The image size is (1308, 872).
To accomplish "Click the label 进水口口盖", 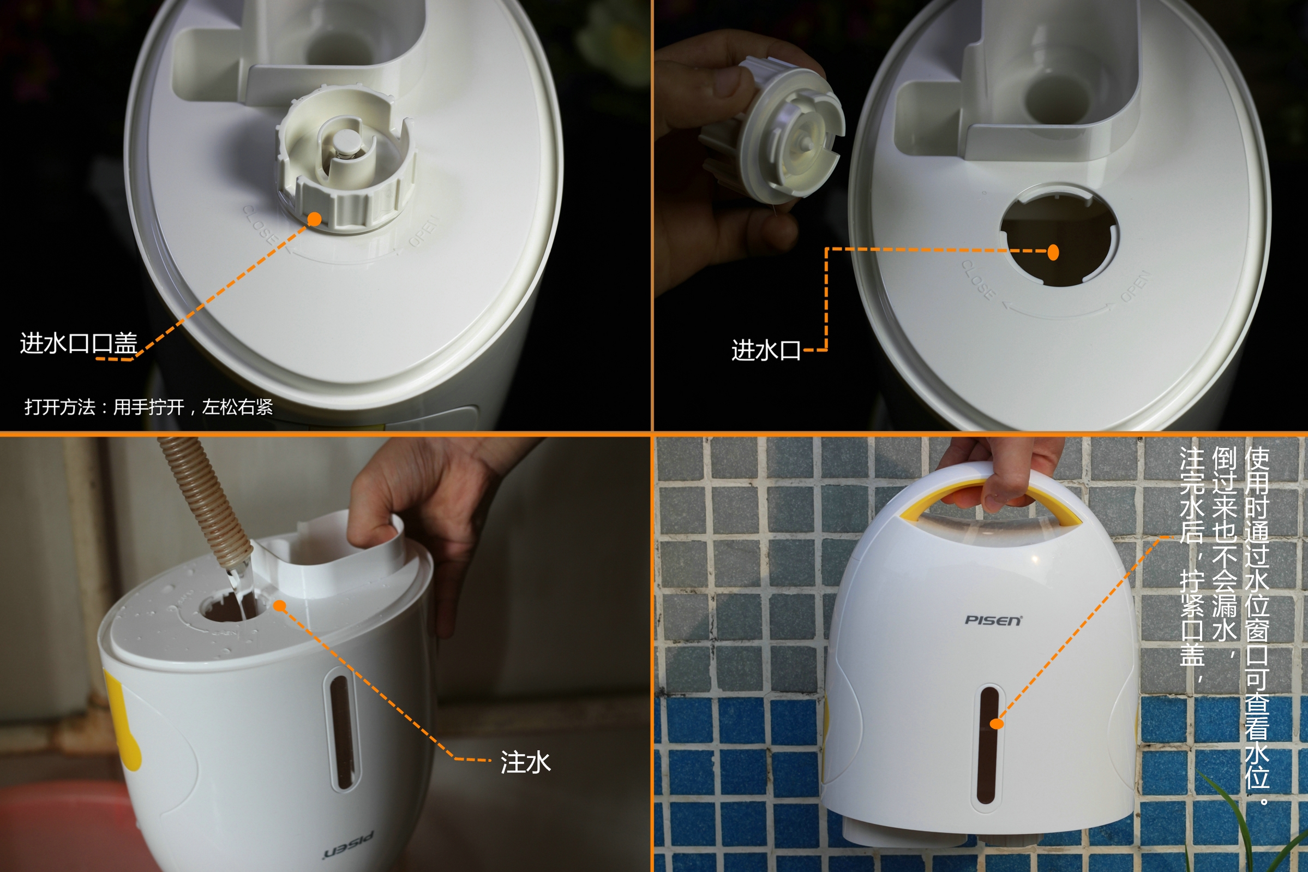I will (79, 344).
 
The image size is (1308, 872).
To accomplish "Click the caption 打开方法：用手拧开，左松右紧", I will (148, 407).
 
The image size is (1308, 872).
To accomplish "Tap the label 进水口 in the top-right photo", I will (765, 351).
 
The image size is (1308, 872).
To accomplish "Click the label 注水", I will (525, 762).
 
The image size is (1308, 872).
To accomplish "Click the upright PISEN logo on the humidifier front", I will (993, 620).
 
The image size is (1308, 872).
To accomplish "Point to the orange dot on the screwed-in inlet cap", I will (314, 219).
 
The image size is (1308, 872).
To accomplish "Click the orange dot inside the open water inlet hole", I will (1053, 253).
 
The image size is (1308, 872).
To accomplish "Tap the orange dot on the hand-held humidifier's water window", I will (997, 724).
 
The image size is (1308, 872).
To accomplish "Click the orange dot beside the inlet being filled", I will (280, 606).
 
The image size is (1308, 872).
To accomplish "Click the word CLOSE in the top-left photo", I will (259, 225).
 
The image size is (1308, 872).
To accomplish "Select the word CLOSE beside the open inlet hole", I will (979, 280).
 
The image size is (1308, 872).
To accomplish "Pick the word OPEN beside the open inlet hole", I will (1134, 286).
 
